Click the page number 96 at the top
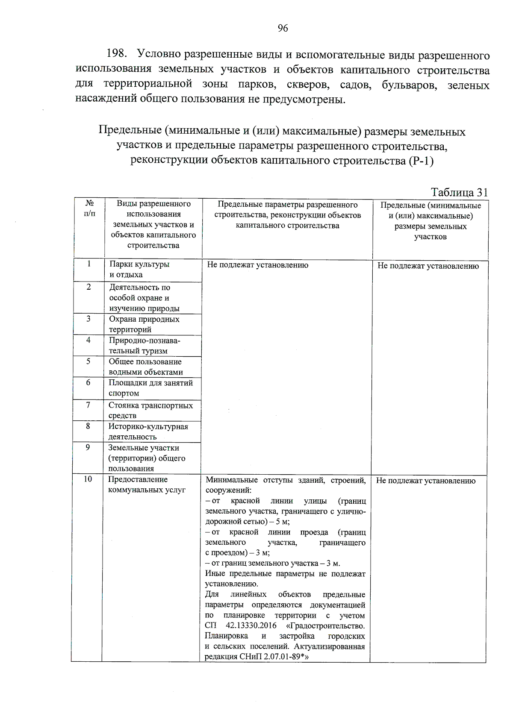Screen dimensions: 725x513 (x=283, y=28)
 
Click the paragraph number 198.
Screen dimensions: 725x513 (x=117, y=54)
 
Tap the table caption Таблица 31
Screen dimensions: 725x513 (x=459, y=192)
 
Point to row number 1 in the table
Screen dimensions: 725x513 (x=89, y=264)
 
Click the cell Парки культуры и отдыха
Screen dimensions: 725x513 (x=139, y=270)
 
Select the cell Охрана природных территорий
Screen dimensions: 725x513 (x=144, y=324)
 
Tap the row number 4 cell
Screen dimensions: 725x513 (x=88, y=340)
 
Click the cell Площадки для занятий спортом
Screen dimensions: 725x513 (x=150, y=388)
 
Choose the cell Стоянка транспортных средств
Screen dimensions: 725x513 (x=150, y=410)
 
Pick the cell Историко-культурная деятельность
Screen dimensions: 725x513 (x=148, y=431)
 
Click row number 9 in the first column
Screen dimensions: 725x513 (x=88, y=448)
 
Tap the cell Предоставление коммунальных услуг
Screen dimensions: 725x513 (x=147, y=485)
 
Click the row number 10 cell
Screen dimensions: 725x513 (x=88, y=479)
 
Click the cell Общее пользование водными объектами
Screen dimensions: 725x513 (x=145, y=367)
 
